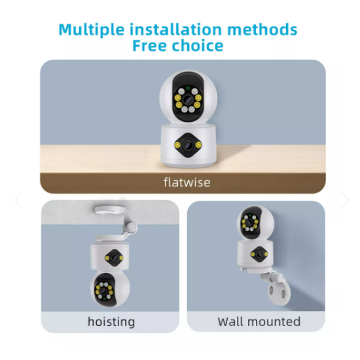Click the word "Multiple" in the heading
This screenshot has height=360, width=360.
coord(92,30)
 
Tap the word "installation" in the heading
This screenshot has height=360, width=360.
coord(175,29)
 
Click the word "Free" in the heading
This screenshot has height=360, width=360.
coord(149,45)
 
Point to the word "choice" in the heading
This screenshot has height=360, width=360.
coord(198,45)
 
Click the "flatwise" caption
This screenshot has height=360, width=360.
coord(187,183)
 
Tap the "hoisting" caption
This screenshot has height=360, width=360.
coord(111,321)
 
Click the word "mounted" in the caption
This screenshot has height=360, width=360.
coord(274,321)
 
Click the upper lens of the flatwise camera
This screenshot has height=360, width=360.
coord(188,99)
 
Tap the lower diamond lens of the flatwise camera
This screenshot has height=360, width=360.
coord(189,145)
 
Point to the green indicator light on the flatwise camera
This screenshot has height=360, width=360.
coord(188,88)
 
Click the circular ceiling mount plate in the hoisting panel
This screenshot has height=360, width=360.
coord(110,210)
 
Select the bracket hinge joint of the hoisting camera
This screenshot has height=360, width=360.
coord(132,227)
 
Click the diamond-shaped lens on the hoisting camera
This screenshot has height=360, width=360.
coord(114,258)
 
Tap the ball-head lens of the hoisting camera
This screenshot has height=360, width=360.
coord(103,291)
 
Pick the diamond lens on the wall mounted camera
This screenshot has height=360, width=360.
coord(259,254)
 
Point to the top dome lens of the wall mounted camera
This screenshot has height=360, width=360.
coord(249,223)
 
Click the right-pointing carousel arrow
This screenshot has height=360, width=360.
coord(346,200)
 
